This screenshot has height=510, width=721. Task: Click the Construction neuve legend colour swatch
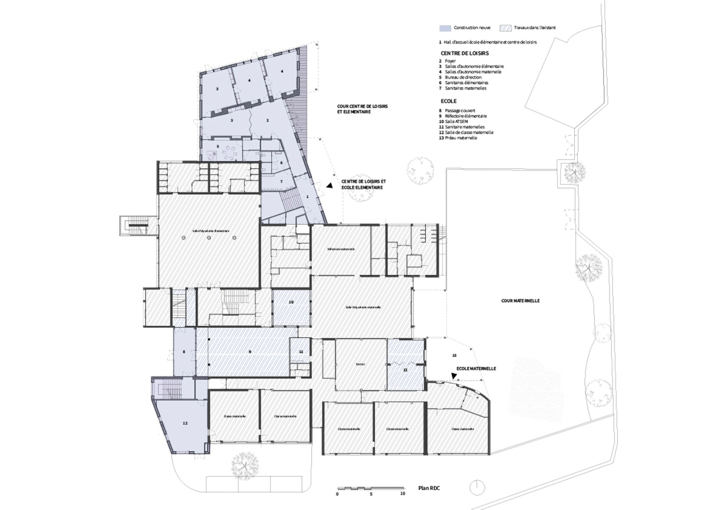445,28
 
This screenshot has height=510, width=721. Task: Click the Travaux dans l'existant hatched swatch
505,28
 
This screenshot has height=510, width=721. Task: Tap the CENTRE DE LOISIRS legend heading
464,54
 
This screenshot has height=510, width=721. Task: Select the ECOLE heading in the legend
448,101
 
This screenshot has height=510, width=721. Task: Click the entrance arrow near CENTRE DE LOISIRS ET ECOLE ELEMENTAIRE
329,186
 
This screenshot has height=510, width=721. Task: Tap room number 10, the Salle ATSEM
291,302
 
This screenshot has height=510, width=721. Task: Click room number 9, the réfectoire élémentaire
250,352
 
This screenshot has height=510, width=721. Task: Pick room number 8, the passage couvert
184,352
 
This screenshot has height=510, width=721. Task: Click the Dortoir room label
361,364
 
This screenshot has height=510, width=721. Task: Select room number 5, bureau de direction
218,146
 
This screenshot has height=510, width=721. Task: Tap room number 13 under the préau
454,355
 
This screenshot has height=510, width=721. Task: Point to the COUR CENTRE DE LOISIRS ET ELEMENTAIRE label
362,109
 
